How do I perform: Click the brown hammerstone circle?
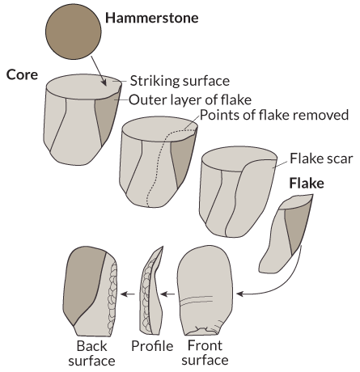(x=74, y=32)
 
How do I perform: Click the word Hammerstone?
(x=152, y=18)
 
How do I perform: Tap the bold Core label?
(x=22, y=74)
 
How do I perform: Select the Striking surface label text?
(x=180, y=81)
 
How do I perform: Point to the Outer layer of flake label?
(x=190, y=99)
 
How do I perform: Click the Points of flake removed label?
(x=274, y=115)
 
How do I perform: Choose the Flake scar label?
(x=321, y=159)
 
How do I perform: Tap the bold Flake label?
(x=307, y=184)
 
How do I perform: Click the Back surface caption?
(x=91, y=353)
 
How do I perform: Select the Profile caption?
(x=152, y=346)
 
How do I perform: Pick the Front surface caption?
(x=205, y=353)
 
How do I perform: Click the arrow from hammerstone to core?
(x=99, y=71)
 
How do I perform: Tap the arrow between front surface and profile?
(x=167, y=294)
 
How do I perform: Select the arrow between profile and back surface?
(x=128, y=294)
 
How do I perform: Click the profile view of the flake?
(x=152, y=290)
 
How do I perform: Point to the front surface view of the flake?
(x=205, y=290)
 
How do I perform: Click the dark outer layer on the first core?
(x=108, y=116)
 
